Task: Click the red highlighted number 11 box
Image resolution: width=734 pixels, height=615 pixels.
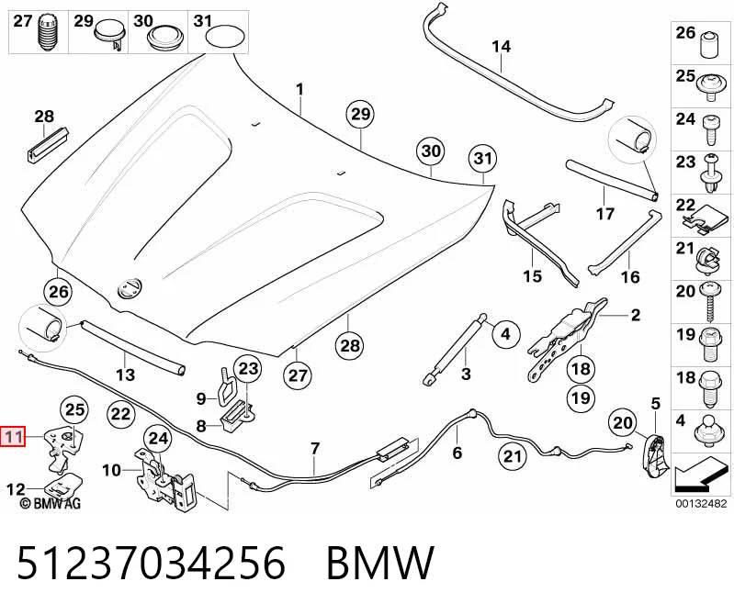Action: pyautogui.click(x=13, y=437)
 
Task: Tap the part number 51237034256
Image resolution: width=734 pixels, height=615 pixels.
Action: pyautogui.click(x=152, y=562)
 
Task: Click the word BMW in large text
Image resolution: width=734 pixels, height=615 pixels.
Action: pyautogui.click(x=380, y=562)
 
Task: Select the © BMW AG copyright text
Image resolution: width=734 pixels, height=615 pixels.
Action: pyautogui.click(x=51, y=503)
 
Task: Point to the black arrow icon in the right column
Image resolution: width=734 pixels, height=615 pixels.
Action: pyautogui.click(x=700, y=475)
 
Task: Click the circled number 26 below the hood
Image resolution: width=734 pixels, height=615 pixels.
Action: pyautogui.click(x=59, y=292)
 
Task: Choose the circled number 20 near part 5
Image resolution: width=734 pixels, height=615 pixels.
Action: pyautogui.click(x=623, y=423)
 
